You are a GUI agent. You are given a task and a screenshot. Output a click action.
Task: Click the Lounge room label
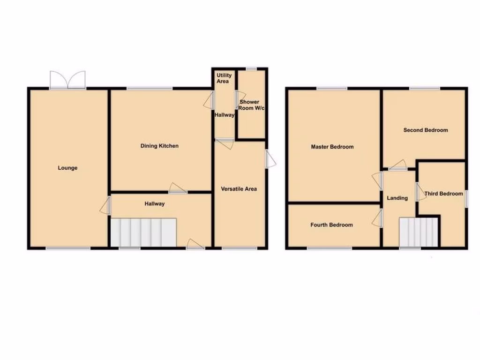[67, 168]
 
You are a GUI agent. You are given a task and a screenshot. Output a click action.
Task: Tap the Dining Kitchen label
[159, 146]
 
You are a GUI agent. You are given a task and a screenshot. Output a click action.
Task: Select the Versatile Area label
[239, 189]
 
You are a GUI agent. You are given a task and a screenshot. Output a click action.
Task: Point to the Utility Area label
[223, 78]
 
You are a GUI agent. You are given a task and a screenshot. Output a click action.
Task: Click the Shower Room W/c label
[249, 105]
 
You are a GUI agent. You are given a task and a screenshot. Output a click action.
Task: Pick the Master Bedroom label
[332, 147]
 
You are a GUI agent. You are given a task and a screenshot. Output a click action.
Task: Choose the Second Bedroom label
[426, 130]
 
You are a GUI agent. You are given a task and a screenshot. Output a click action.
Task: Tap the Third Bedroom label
[443, 194]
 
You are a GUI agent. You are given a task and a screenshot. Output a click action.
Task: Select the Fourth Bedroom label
[331, 225]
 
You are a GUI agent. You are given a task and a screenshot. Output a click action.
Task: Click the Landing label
[397, 198]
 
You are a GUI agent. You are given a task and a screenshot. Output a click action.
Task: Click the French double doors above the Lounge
[68, 80]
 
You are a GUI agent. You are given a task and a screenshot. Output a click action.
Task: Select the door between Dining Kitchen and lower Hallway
[178, 189]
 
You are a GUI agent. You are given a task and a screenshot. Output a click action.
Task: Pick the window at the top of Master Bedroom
[332, 88]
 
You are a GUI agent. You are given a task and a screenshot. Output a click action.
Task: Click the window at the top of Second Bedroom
[425, 88]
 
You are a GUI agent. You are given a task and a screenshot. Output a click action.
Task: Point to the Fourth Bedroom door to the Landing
[379, 217]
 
